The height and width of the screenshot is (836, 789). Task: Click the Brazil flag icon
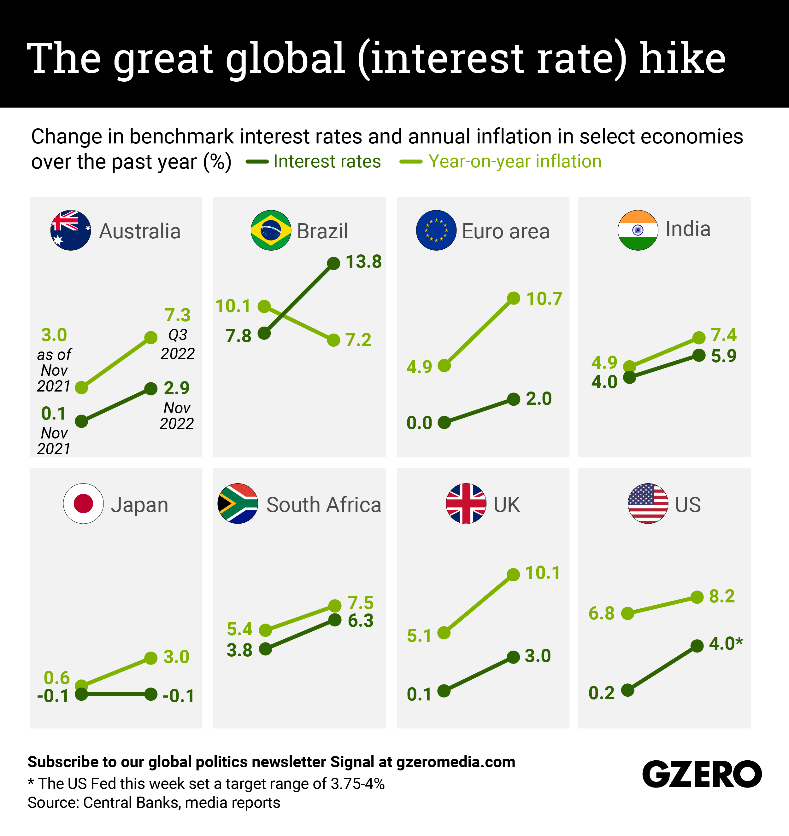[271, 230]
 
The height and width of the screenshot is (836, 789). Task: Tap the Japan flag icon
[83, 503]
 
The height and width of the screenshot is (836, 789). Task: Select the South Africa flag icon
[238, 503]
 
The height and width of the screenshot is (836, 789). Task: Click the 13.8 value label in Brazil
[363, 262]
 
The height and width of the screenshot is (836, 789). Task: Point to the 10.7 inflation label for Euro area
[544, 299]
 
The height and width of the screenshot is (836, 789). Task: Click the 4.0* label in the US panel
[726, 643]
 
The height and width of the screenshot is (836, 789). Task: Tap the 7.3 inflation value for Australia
[178, 315]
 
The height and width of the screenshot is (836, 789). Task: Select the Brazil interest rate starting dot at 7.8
[264, 334]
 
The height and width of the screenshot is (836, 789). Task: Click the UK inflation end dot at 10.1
[513, 574]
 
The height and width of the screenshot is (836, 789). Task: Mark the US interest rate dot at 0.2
[627, 690]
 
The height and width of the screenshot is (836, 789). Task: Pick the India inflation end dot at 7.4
[698, 337]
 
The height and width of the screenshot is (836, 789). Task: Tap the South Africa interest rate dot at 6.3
[335, 620]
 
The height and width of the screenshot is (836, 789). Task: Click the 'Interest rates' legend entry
[327, 161]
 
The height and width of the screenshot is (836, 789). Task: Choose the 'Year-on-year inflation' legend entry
[514, 161]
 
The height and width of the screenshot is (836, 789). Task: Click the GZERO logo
[702, 774]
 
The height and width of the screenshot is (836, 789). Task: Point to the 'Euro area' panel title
[505, 231]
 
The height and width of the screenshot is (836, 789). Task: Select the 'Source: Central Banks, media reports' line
[154, 802]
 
